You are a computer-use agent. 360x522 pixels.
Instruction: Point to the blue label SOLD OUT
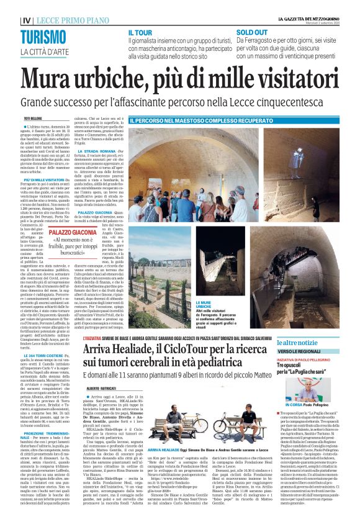tap(252, 32)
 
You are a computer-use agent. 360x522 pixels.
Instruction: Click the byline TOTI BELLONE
tap(34, 118)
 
